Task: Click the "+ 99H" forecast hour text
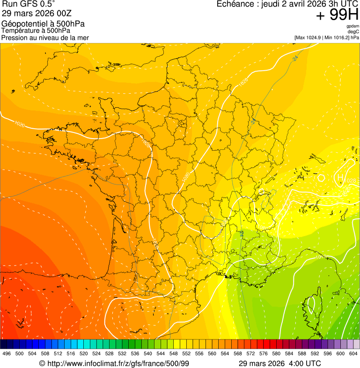337,15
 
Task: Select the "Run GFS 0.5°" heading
29,4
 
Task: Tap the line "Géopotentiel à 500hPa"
43,24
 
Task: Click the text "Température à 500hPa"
36,30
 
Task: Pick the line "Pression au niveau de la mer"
45,37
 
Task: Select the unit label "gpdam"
353,26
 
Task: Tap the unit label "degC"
353,31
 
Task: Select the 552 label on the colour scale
186,353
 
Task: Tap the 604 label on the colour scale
353,353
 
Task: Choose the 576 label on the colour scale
264,353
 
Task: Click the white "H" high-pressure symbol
341,177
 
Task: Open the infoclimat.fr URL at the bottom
118,363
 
